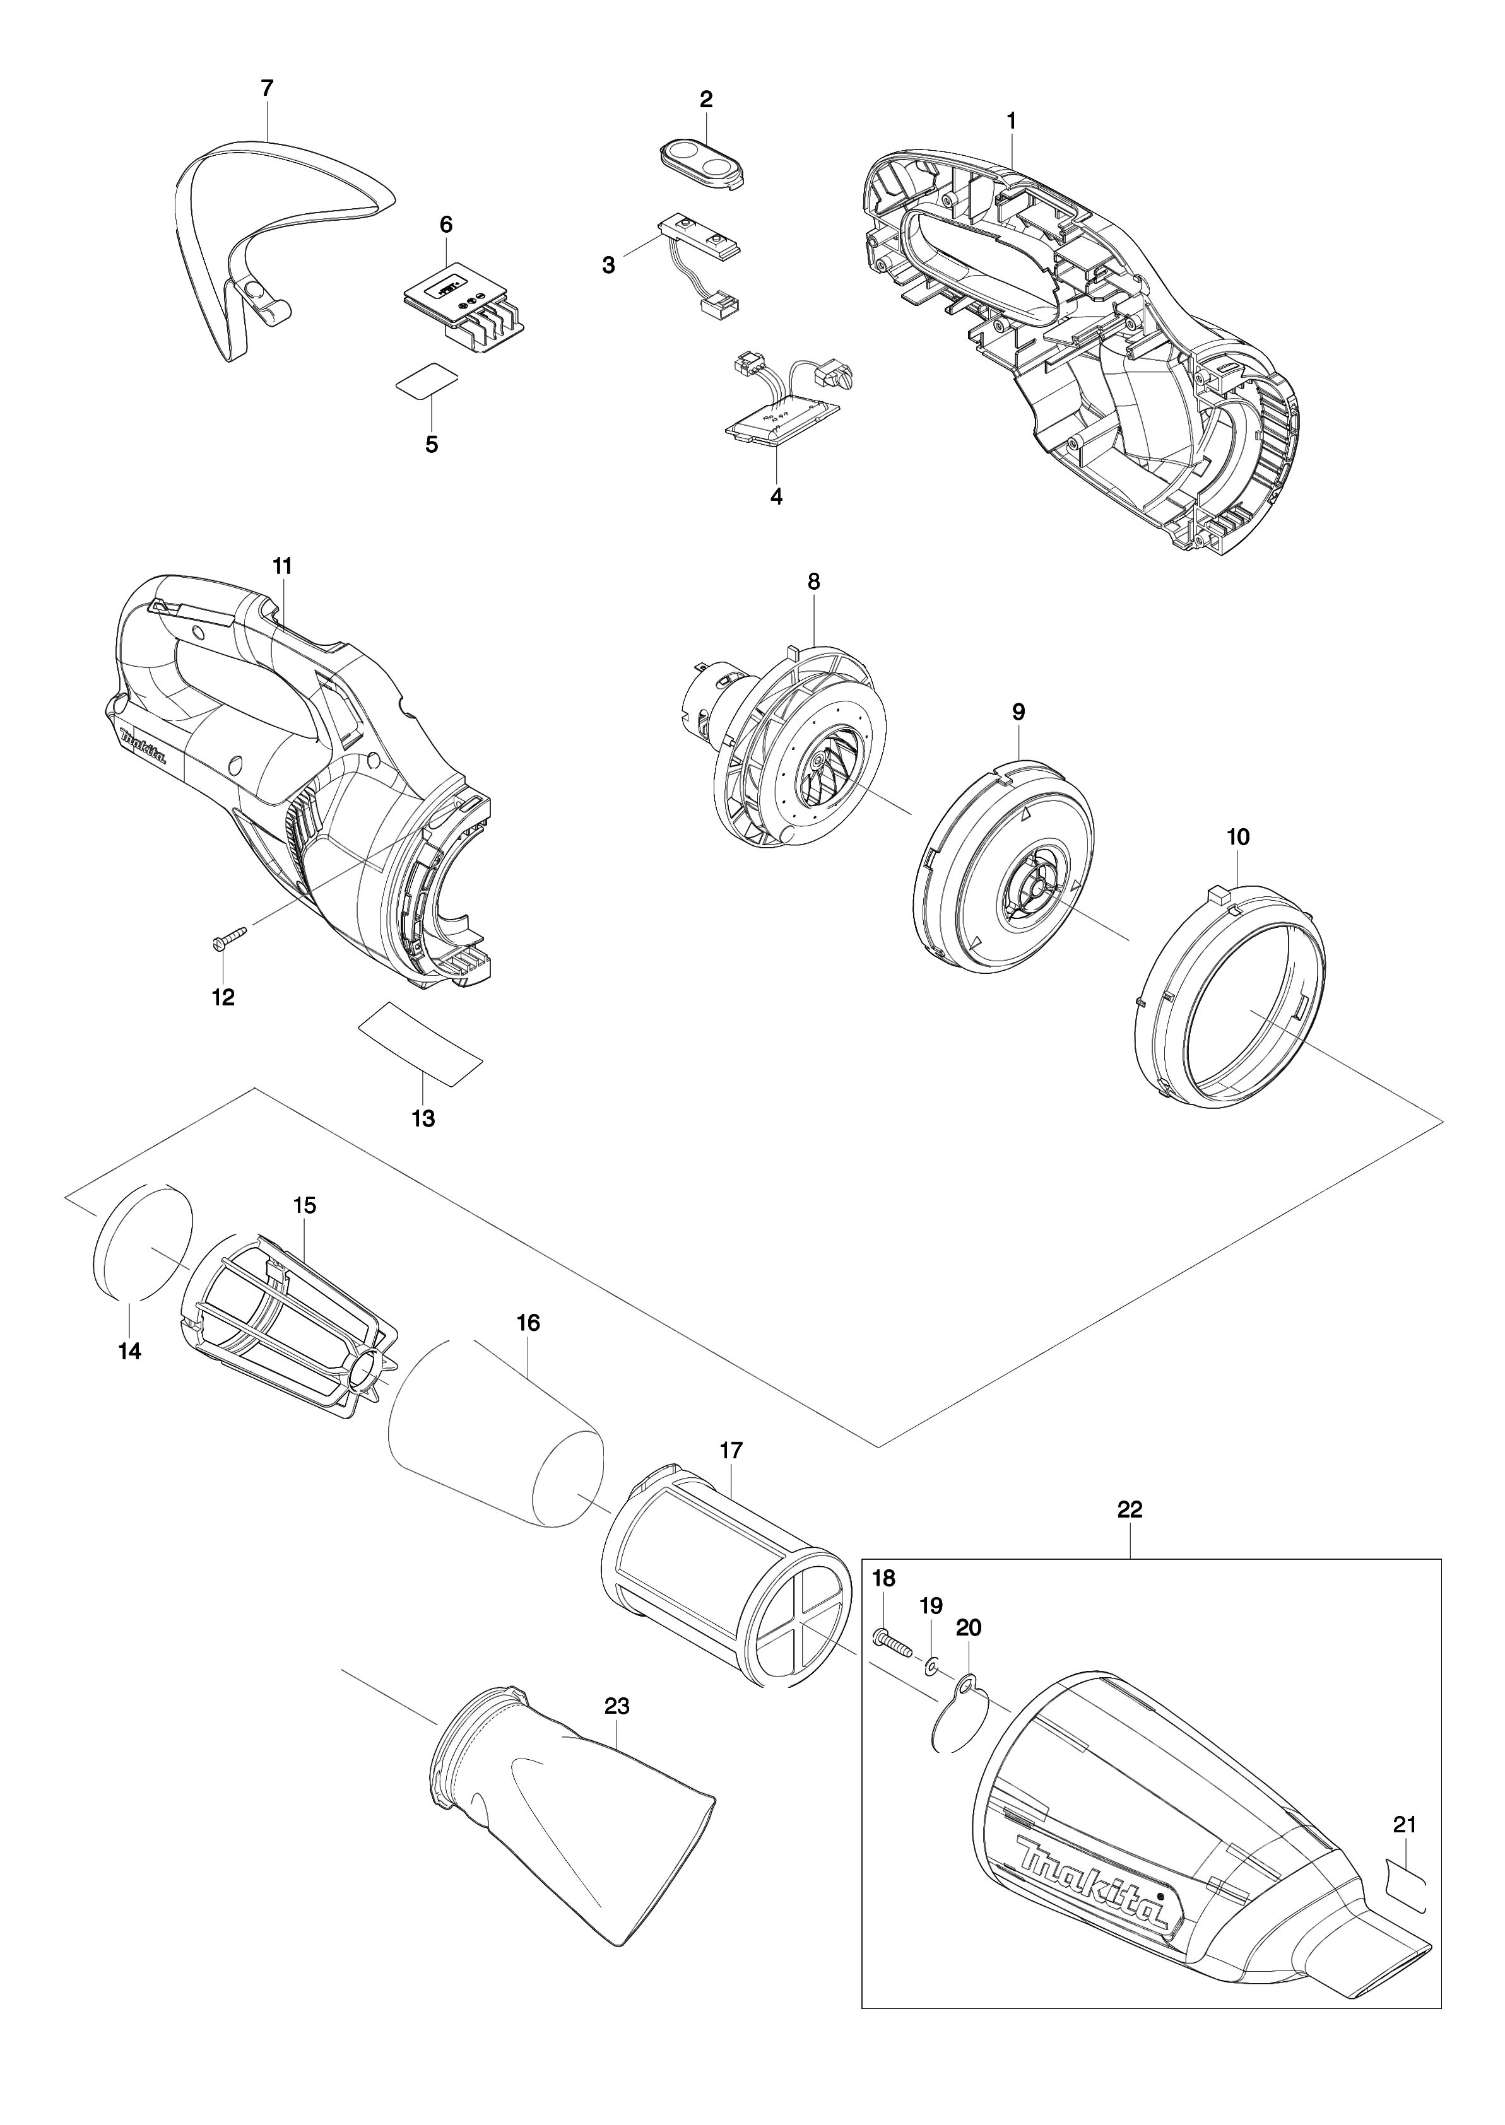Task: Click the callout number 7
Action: pyautogui.click(x=267, y=89)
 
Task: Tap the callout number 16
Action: pyautogui.click(x=528, y=1323)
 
